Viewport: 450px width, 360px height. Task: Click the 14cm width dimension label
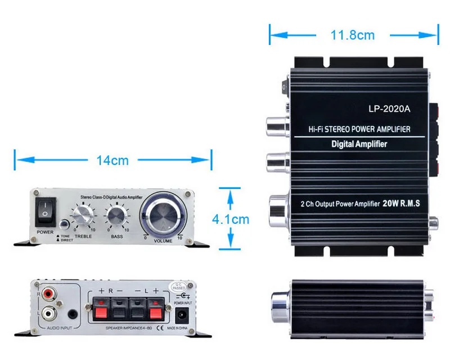(x=112, y=160)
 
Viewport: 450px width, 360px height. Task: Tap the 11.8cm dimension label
(x=352, y=35)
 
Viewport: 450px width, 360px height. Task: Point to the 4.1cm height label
(x=230, y=219)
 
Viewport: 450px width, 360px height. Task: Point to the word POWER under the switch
(x=45, y=232)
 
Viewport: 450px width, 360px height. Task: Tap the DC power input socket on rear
(x=183, y=313)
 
